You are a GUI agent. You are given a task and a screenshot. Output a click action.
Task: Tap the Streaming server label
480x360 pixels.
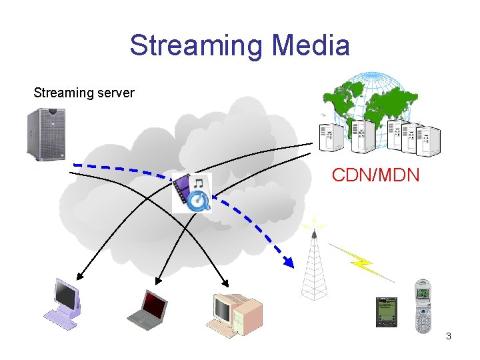pyautogui.click(x=84, y=93)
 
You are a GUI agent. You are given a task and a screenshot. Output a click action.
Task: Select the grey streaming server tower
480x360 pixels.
pyautogui.click(x=45, y=135)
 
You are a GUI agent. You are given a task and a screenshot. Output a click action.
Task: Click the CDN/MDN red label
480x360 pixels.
pyautogui.click(x=375, y=176)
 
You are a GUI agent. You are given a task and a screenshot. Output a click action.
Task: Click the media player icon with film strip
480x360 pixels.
pyautogui.click(x=192, y=193)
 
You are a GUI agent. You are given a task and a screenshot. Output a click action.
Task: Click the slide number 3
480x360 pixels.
pyautogui.click(x=449, y=336)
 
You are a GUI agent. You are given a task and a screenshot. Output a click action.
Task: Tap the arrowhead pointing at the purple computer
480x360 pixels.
pyautogui.click(x=80, y=276)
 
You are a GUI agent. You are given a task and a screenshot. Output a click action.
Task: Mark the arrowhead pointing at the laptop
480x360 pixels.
pyautogui.click(x=159, y=281)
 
